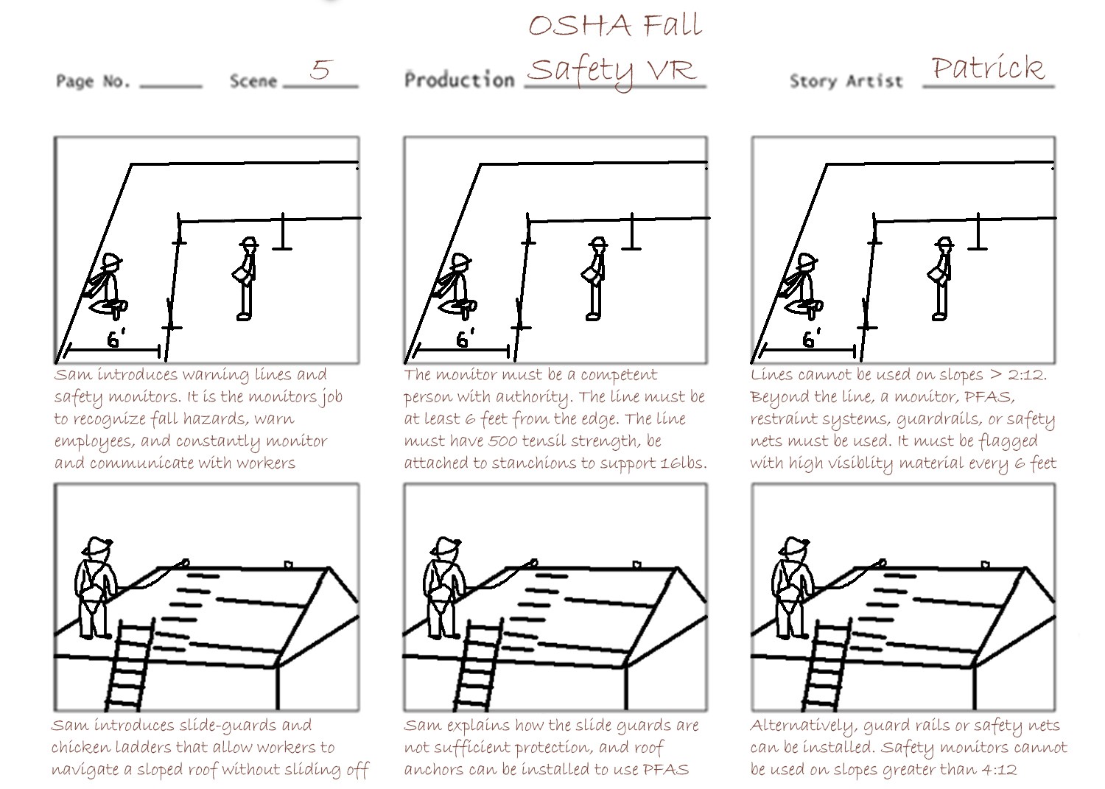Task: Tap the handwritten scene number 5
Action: tap(321, 69)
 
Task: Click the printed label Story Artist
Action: tap(846, 81)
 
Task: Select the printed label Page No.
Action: tap(93, 81)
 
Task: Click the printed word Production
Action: tap(459, 80)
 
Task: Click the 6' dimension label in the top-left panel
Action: tap(116, 338)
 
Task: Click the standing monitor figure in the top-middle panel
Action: tap(594, 278)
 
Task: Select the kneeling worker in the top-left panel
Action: tap(106, 285)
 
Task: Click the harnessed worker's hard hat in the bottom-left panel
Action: tap(98, 545)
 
